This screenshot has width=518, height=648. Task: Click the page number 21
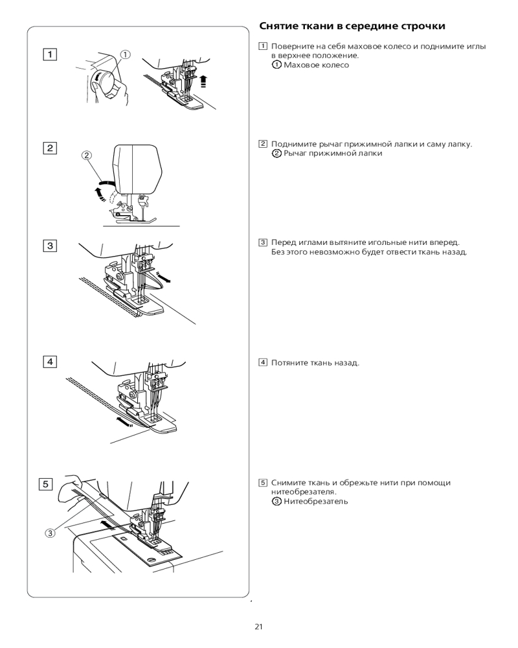pyautogui.click(x=259, y=627)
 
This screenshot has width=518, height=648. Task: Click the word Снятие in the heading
pyautogui.click(x=279, y=27)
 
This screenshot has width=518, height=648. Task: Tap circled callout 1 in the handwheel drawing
pyautogui.click(x=125, y=55)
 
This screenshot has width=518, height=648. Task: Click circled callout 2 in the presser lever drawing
pyautogui.click(x=87, y=155)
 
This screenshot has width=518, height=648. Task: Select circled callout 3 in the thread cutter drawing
pyautogui.click(x=50, y=533)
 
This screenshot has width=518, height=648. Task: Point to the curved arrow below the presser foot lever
pyautogui.click(x=100, y=192)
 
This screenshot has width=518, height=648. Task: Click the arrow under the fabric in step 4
pyautogui.click(x=124, y=422)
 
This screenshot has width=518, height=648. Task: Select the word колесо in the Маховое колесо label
pyautogui.click(x=335, y=65)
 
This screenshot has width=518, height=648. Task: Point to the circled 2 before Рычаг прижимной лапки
pyautogui.click(x=276, y=154)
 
